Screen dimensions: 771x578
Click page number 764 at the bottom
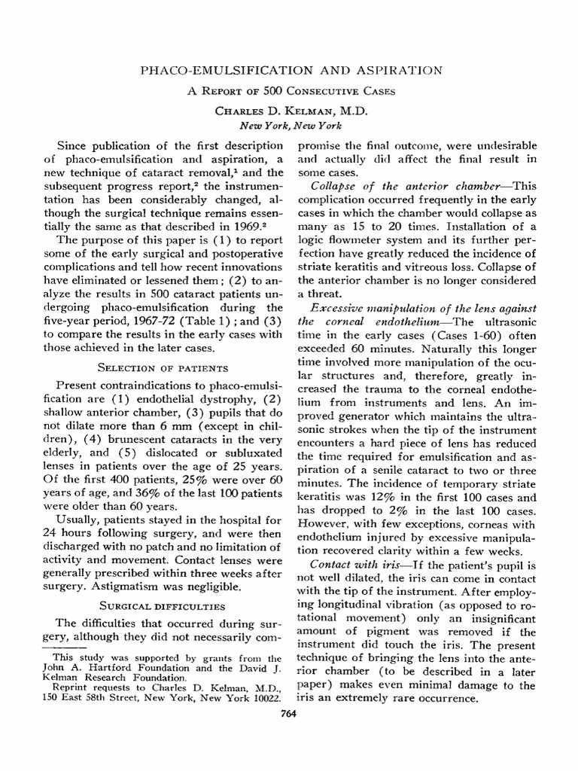tap(289, 714)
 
